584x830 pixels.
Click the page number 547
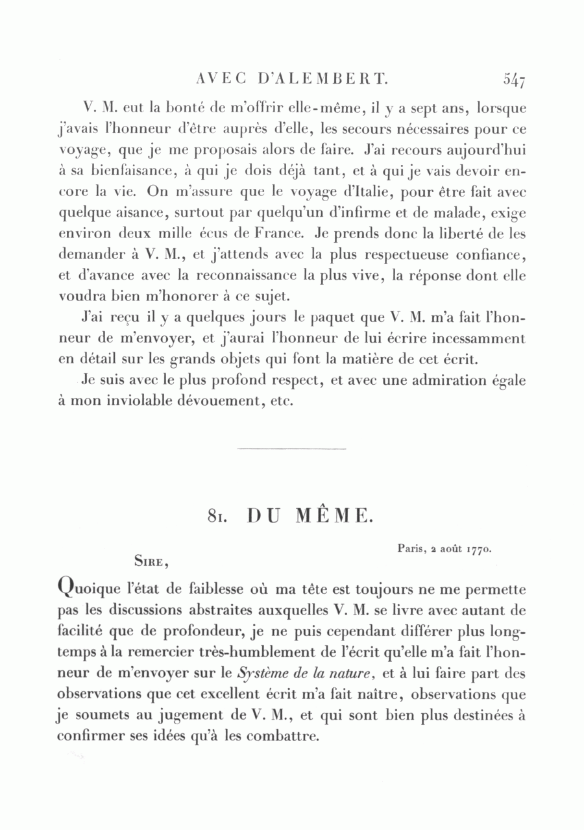513,80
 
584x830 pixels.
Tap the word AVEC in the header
221,80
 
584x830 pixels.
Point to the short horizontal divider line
292,448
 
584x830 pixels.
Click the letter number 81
217,517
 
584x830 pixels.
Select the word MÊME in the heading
334,516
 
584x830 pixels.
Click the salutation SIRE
151,557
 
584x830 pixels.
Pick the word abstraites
211,611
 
